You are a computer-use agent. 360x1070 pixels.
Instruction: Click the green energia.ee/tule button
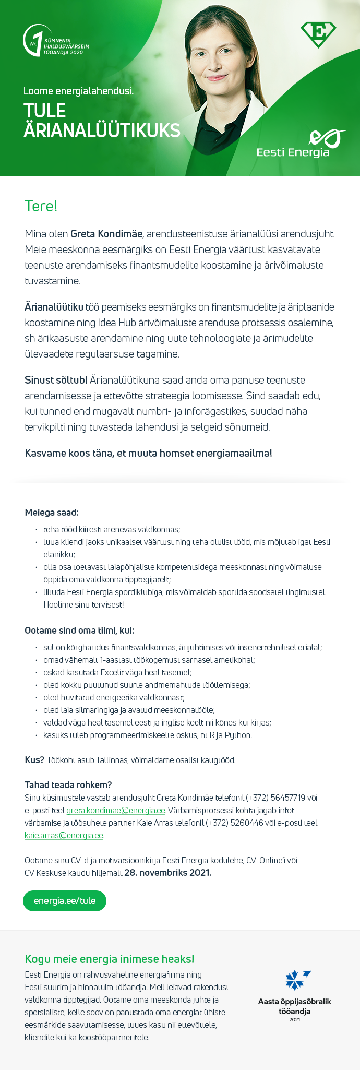[x=65, y=901]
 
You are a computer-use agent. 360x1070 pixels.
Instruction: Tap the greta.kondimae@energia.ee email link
[x=116, y=811]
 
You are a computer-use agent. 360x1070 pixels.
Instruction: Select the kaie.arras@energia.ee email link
[x=64, y=836]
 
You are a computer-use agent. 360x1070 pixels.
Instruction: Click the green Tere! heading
[x=41, y=206]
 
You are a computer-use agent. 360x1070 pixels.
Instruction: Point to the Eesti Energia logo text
[x=293, y=152]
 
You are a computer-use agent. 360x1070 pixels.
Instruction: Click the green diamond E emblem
[x=318, y=34]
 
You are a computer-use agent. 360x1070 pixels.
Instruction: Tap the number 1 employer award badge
[x=55, y=41]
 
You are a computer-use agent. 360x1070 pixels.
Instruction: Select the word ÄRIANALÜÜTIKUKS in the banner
[x=102, y=130]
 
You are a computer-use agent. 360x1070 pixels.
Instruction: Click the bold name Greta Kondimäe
[x=106, y=234]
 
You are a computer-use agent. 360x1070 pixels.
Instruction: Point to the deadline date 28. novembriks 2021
[x=167, y=873]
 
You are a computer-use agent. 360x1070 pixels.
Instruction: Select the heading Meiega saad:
[x=52, y=513]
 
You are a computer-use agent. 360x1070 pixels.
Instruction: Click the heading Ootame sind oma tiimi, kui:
[x=79, y=631]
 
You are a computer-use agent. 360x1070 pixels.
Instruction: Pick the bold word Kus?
[x=34, y=760]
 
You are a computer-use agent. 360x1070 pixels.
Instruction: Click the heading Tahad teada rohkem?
[x=68, y=785]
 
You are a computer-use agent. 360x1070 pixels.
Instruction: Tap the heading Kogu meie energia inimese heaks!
[x=110, y=959]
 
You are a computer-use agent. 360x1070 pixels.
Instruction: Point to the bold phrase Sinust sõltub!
[x=56, y=380]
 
